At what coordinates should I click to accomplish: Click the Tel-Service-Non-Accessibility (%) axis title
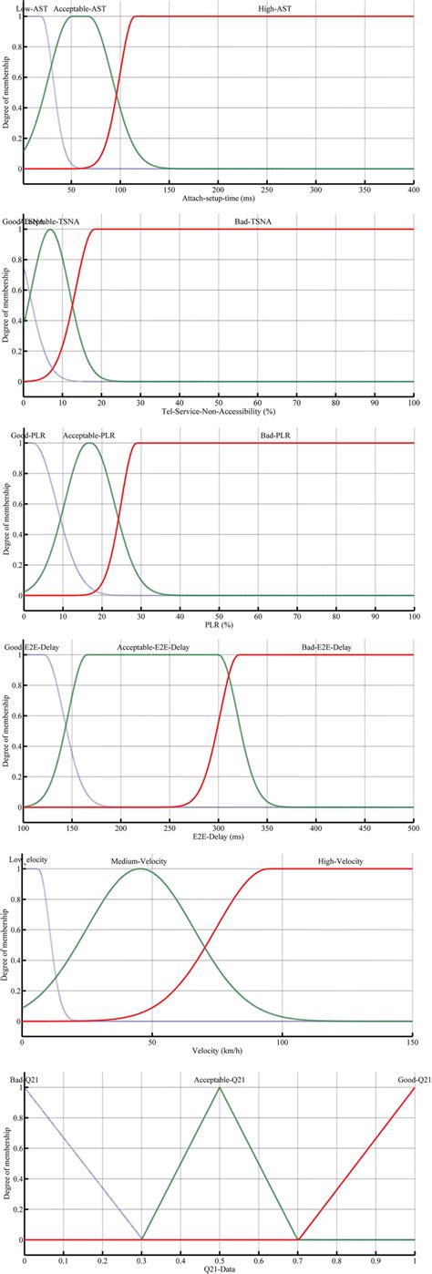218,412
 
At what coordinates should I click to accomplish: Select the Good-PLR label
26,435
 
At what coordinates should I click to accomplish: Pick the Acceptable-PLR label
88,435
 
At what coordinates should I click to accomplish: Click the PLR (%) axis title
218,625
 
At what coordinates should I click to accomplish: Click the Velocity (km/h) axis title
218,1051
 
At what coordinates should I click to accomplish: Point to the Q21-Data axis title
218,1268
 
